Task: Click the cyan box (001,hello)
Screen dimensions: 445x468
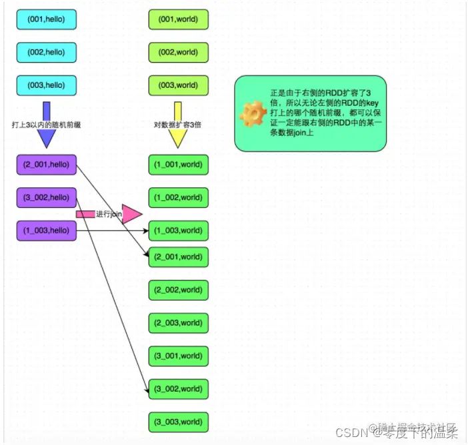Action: tap(46, 19)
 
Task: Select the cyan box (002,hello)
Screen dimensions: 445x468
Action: tap(46, 52)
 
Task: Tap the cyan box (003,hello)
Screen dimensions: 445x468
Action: tap(46, 85)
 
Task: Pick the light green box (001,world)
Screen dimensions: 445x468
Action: tap(178, 19)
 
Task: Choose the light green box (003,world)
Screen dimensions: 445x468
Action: tap(178, 85)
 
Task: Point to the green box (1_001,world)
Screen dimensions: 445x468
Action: tap(178, 164)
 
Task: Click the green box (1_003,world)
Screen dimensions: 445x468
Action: tap(178, 230)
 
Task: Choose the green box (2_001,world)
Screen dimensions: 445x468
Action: tap(178, 256)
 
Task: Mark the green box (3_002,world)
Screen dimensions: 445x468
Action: tap(178, 388)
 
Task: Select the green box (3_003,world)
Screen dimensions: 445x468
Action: tap(178, 422)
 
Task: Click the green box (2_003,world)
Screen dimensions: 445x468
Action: tap(178, 322)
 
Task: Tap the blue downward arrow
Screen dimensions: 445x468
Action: tap(46, 127)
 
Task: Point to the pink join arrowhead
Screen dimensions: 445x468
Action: tap(132, 214)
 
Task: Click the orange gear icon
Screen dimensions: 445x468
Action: tap(253, 113)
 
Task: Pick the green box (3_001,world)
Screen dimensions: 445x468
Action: tap(178, 356)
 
